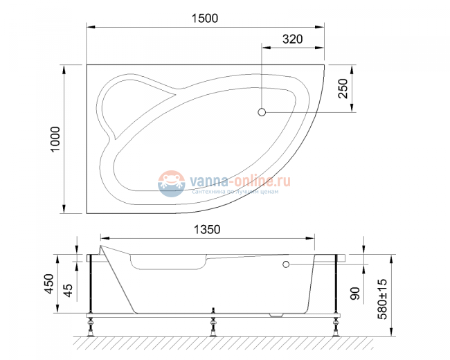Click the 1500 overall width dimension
206,19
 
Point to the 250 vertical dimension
343,89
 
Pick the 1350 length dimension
206,230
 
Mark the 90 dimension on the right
355,294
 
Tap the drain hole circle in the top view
262,112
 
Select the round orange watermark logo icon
170,184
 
